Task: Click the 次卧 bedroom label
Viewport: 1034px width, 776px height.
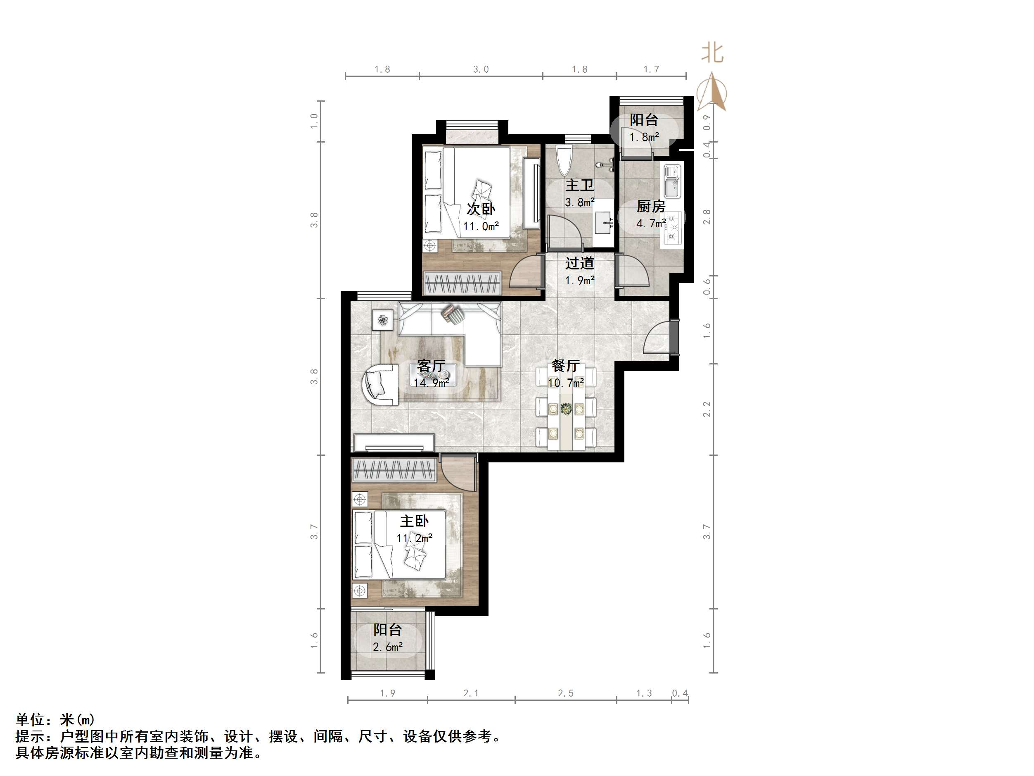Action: coord(481,209)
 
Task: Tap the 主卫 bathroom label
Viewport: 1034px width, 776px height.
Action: coord(579,185)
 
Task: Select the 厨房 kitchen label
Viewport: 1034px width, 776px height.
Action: coord(651,206)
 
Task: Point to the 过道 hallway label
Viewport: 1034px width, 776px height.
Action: coord(579,263)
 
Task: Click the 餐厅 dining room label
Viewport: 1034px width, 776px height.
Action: coord(566,366)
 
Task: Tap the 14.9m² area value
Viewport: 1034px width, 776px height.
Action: coord(431,383)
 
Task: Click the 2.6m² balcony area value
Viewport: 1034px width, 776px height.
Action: coord(387,647)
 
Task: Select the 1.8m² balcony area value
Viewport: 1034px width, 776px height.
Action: coord(644,137)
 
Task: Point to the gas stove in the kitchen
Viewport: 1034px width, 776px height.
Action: coord(673,229)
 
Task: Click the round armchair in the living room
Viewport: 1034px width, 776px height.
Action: coord(380,385)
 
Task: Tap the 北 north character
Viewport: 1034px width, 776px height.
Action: coord(712,53)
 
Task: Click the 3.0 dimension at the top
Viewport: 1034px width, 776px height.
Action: coord(481,70)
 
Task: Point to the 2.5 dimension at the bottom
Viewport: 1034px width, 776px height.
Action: coord(566,693)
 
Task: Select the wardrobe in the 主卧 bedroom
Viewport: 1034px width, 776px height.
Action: coord(394,470)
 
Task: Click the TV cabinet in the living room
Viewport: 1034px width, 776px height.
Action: coord(394,443)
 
